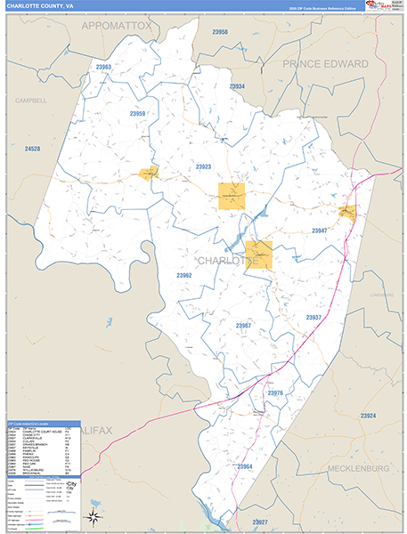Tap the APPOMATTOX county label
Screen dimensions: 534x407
click(117, 27)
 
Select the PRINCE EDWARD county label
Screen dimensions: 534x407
click(325, 64)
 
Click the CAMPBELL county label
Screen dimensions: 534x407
click(30, 101)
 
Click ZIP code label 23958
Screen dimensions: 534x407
click(220, 32)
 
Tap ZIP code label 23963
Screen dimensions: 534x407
click(103, 67)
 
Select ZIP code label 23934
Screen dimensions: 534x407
click(237, 86)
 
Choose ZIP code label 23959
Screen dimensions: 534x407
click(137, 114)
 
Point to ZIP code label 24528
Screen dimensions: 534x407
click(33, 148)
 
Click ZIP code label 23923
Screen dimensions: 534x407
click(203, 166)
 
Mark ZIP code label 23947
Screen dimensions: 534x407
click(320, 231)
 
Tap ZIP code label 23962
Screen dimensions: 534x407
click(183, 276)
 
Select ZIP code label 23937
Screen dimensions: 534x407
click(313, 318)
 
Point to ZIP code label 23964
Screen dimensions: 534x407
click(245, 467)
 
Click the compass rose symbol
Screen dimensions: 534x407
click(93, 516)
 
